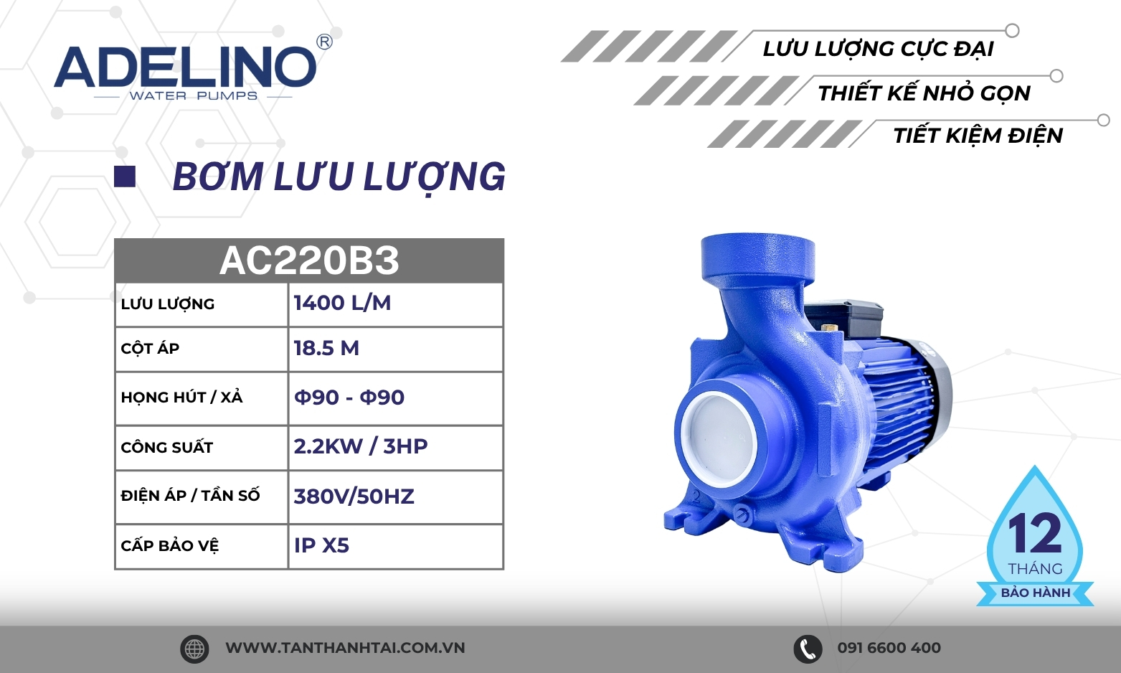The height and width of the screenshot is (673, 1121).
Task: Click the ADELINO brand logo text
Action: coord(185,67)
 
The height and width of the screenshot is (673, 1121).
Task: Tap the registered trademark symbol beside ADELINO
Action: coord(324,42)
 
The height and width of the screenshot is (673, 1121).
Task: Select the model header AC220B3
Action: coord(309,260)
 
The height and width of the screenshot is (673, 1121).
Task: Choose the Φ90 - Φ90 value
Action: coord(349,397)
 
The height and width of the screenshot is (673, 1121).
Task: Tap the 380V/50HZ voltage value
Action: coord(354,496)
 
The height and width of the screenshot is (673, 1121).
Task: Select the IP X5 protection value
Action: coord(321,545)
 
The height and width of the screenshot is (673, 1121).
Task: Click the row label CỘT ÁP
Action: coord(150,348)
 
